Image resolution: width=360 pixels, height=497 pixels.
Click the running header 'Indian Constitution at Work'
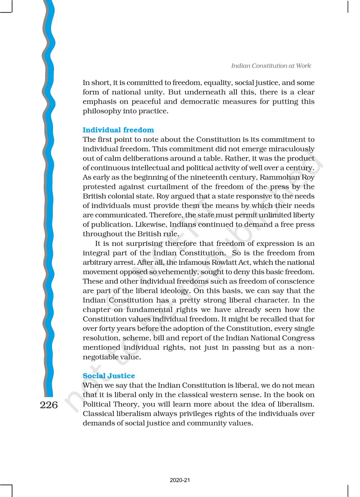coord(271,66)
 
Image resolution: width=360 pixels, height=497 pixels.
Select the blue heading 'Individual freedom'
coord(118,130)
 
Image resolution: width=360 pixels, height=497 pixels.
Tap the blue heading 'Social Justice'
coord(109,376)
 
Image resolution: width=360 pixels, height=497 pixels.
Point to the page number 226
coord(49,405)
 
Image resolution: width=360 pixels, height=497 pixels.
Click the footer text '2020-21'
coord(180,480)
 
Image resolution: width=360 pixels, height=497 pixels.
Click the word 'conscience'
coord(296,281)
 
